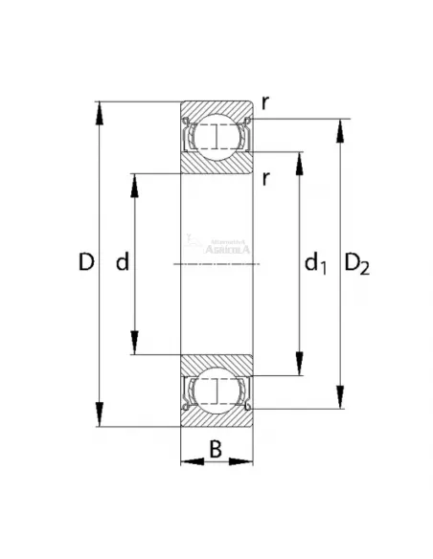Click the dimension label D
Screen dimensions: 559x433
(85, 262)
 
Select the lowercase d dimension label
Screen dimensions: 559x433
(122, 262)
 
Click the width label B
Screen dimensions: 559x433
(216, 447)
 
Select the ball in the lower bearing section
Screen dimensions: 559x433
(217, 391)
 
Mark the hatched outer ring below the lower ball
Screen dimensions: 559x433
(217, 418)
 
